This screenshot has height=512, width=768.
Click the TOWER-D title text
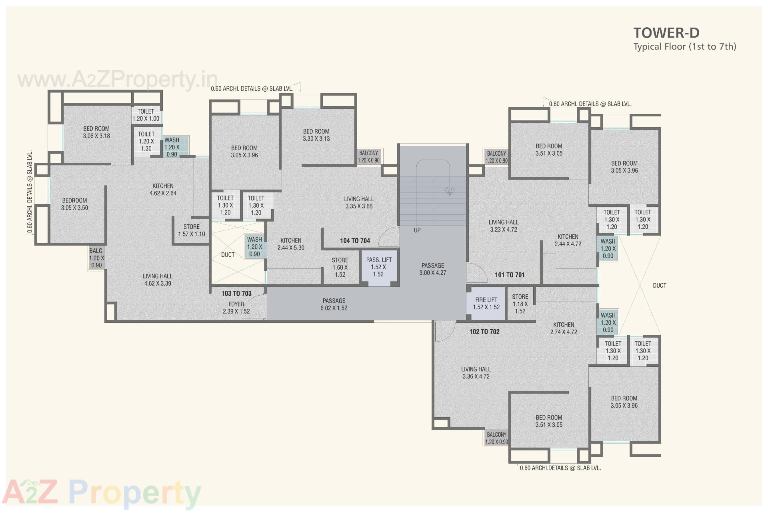click(x=666, y=33)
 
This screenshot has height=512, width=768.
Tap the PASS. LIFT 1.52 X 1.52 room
click(x=378, y=267)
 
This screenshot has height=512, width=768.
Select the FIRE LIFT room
click(x=486, y=304)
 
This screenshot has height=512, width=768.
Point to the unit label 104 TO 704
click(x=355, y=241)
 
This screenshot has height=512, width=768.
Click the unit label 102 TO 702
click(x=484, y=332)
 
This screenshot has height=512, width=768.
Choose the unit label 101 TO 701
click(x=509, y=275)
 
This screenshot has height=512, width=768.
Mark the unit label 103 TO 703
click(x=236, y=294)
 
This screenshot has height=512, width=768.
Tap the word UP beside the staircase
click(x=417, y=230)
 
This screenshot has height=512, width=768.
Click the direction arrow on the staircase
click(x=450, y=191)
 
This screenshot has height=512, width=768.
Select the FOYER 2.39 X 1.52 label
click(x=236, y=308)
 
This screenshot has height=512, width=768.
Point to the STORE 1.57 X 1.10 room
click(x=192, y=230)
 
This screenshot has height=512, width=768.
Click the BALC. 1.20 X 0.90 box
click(x=96, y=258)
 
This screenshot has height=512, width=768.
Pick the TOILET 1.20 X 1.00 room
click(x=146, y=115)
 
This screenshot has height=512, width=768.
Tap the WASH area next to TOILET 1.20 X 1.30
click(x=172, y=147)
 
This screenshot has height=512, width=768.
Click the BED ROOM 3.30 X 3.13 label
click(x=316, y=135)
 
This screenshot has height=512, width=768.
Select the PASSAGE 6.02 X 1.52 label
click(x=334, y=304)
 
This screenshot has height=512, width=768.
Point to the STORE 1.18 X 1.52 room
click(x=520, y=304)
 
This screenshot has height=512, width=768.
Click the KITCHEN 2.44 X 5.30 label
click(x=291, y=244)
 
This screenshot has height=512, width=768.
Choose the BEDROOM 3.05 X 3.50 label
click(x=74, y=204)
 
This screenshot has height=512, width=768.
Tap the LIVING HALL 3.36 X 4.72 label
click(x=476, y=373)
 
